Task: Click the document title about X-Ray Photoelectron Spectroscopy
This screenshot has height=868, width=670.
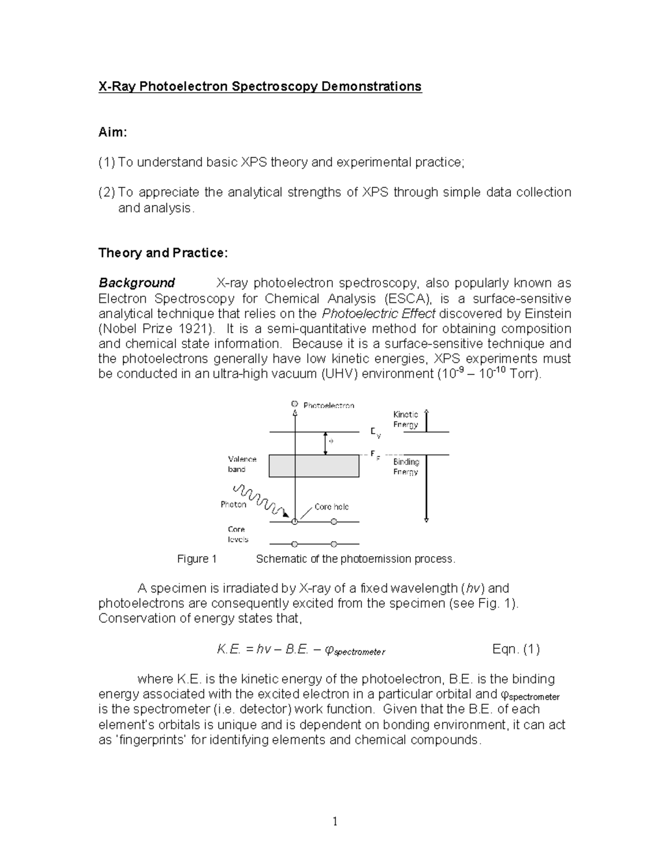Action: pos(260,87)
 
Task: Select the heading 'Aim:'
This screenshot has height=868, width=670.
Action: pos(113,132)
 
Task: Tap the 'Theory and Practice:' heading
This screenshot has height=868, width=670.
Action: pos(163,253)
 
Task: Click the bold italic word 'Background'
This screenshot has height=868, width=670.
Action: pos(137,283)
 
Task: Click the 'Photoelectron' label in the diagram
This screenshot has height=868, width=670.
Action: pos(329,405)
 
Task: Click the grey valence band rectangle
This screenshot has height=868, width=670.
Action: pos(314,466)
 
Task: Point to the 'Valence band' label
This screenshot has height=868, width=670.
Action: pos(242,464)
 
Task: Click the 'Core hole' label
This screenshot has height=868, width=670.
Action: pos(331,506)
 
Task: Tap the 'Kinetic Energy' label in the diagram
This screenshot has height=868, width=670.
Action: pos(405,419)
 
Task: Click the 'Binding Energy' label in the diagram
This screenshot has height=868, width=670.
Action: pos(406,467)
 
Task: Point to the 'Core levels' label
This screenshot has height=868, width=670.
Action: pos(237,534)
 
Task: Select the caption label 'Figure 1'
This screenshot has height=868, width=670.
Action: pos(197,559)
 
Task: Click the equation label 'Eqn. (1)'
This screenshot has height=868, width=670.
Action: pos(516,649)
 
